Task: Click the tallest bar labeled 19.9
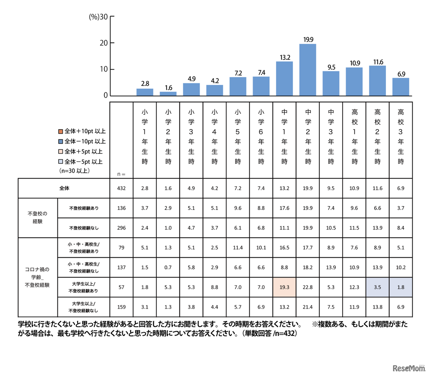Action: coord(308,70)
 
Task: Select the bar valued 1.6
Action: coord(168,94)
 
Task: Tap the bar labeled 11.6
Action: coord(378,81)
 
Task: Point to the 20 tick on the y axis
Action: coord(104,43)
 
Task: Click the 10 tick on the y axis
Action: coord(104,69)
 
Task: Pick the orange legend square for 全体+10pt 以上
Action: coord(60,131)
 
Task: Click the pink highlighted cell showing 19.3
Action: coord(285,287)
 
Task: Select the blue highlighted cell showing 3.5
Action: coord(378,287)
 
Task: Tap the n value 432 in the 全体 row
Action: coord(121,188)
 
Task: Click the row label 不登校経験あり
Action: coord(84,208)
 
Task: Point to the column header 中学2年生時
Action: coord(308,136)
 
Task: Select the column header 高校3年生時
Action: coord(401,136)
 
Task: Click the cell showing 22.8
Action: coord(308,287)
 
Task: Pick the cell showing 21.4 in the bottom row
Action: coord(308,307)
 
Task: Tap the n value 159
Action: coord(121,307)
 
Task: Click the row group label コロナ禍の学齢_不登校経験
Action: coord(37,277)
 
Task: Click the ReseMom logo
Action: coord(408,368)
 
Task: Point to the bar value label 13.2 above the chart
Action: coord(285,58)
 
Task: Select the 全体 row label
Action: coord(64,188)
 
